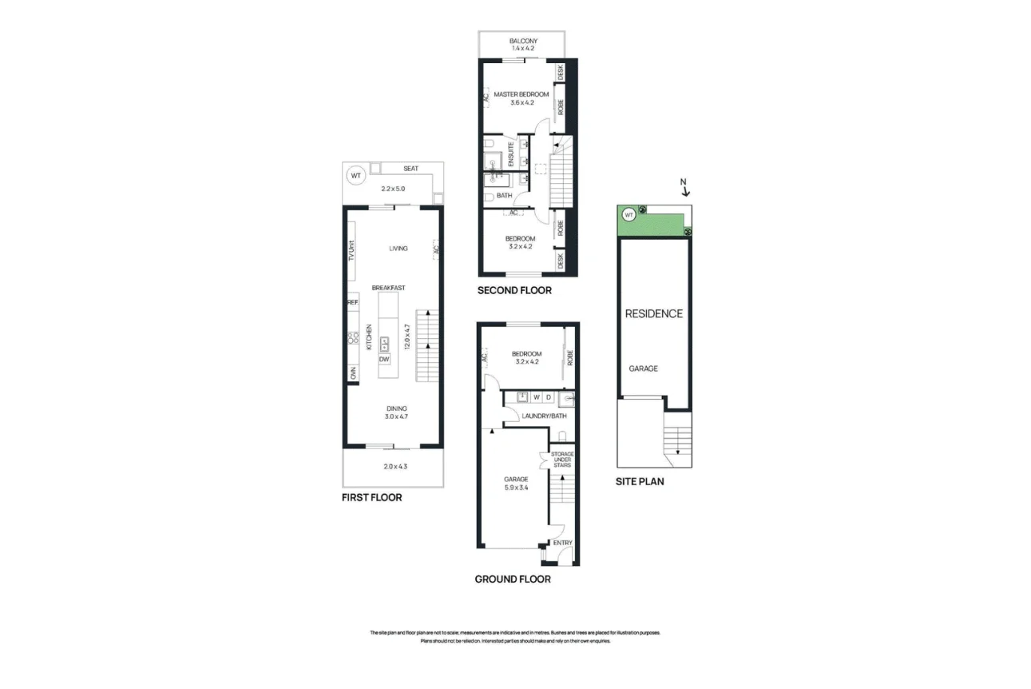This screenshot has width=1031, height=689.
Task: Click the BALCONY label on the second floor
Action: pos(523,41)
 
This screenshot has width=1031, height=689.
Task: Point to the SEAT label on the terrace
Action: pos(410,169)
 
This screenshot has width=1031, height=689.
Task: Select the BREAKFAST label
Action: pos(388,288)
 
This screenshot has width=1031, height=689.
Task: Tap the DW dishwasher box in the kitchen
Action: pos(384,359)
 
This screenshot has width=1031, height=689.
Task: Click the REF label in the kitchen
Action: pos(351,303)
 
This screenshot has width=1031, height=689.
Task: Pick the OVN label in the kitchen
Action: pos(351,373)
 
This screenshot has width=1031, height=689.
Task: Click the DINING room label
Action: pos(396,408)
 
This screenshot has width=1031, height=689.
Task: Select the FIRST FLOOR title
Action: pos(371,497)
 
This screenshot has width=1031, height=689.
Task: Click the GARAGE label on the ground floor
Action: pos(516,479)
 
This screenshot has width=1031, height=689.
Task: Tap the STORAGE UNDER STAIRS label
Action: pos(562,460)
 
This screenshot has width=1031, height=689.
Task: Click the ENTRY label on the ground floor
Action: pos(563,543)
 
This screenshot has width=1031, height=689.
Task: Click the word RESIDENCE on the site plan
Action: pos(653,313)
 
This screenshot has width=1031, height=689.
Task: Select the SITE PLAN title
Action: pos(640,481)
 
